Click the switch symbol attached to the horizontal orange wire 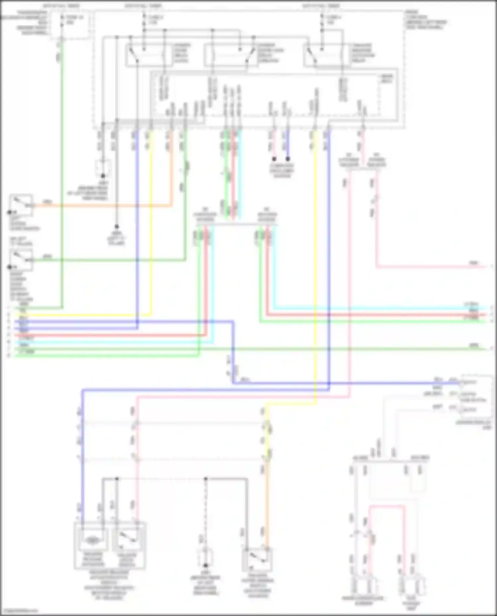coord(21,205)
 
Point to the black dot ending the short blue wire coord(288,159)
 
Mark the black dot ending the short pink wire coord(274,159)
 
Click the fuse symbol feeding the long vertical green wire coord(62,20)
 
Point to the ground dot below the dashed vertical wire coord(205,566)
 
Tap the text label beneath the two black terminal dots coord(282,170)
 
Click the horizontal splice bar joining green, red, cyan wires coord(236,224)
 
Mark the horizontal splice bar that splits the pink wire coord(362,169)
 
